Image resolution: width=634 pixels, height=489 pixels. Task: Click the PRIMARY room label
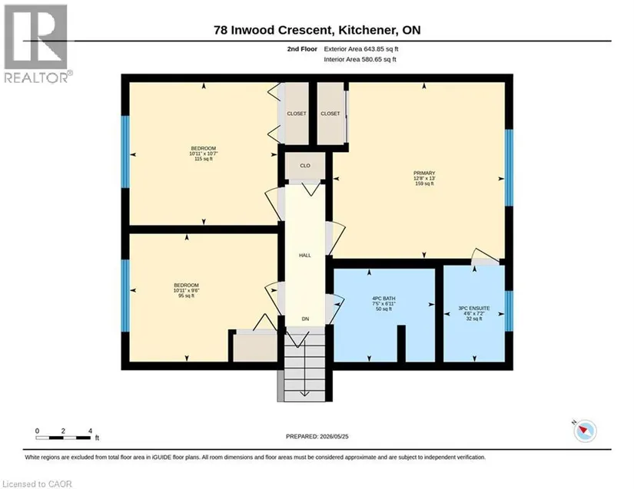coord(424,173)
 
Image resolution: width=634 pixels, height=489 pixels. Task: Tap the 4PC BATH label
coord(383,299)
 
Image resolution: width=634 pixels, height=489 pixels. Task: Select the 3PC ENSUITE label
coord(474,308)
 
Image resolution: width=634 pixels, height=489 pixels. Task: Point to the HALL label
coord(305,255)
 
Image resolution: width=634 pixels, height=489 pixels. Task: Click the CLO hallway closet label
coord(305,166)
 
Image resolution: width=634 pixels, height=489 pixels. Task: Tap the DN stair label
coord(305,319)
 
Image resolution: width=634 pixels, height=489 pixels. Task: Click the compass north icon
coord(585,431)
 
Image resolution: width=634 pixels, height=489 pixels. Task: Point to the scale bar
coord(64,438)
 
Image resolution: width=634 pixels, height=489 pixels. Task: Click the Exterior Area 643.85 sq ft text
coord(361,49)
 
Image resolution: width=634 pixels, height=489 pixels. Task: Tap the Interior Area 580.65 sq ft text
coord(360,59)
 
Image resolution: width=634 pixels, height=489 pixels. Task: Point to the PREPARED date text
coord(317,437)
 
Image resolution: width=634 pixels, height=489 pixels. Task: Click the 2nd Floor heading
coord(302,49)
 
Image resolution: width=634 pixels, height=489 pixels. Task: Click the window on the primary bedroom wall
coord(510,167)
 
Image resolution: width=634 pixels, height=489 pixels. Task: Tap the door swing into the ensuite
coord(485,257)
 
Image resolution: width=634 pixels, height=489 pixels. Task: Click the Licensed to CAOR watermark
coord(37,484)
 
